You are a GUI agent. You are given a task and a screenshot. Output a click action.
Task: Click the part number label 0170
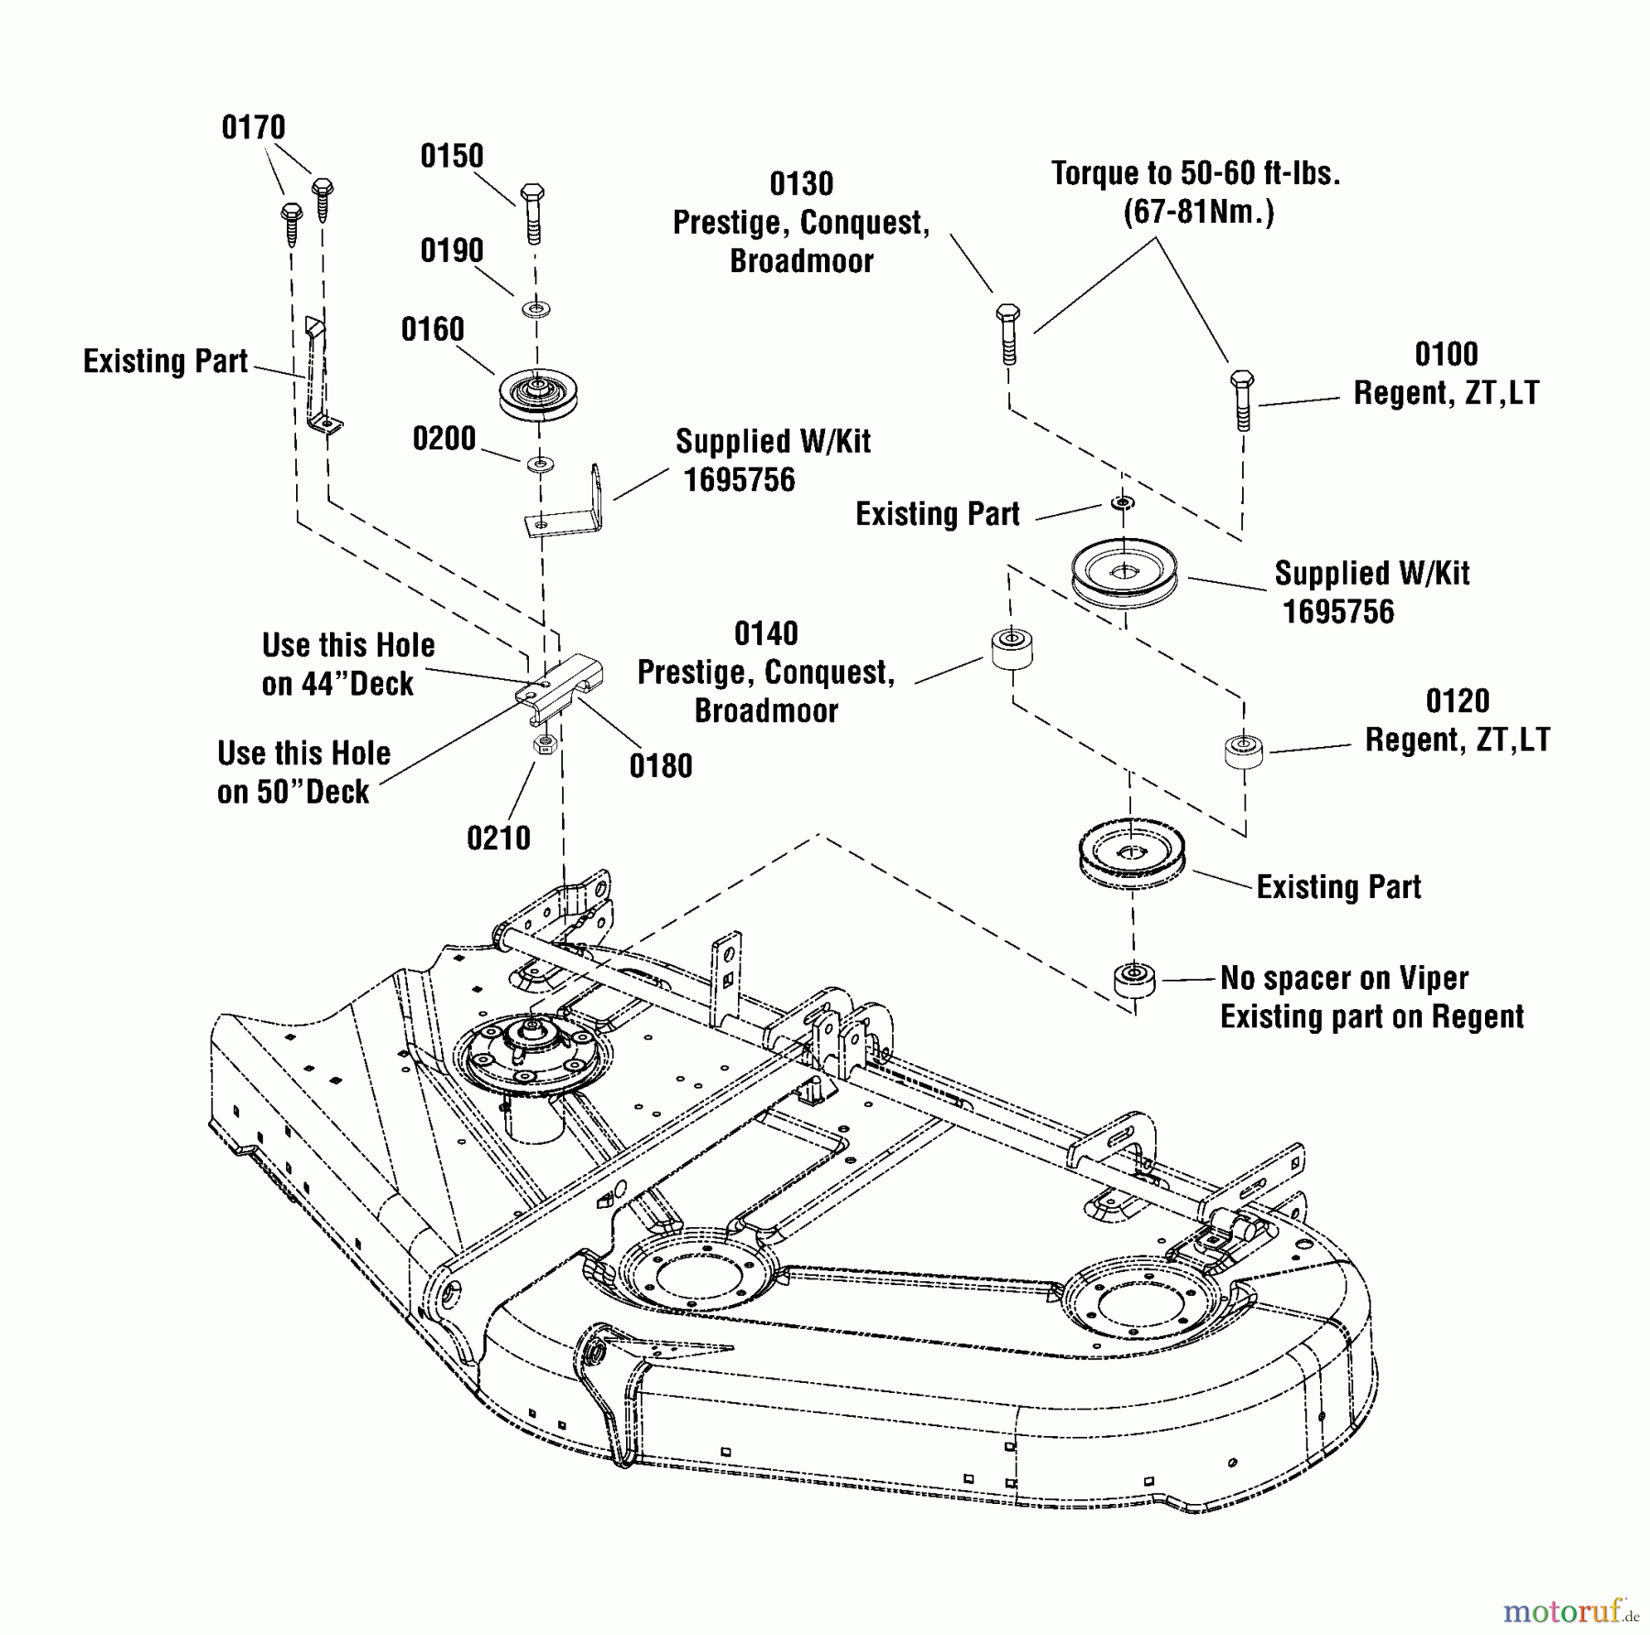tap(253, 127)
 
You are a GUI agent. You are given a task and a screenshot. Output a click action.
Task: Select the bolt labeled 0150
tap(533, 213)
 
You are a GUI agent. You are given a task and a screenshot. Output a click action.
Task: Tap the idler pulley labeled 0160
tap(538, 394)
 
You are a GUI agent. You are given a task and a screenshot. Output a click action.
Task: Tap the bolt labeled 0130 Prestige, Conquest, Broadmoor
tap(1007, 333)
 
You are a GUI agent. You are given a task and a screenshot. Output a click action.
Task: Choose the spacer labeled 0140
tap(1012, 649)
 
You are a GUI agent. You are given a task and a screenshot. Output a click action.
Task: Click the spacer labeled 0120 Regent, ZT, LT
tap(1244, 750)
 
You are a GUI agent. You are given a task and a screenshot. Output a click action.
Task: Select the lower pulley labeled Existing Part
tap(1132, 856)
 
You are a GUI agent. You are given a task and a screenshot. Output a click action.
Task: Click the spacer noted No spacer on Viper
tap(1134, 982)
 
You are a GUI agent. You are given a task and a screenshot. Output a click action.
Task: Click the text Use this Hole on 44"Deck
tap(347, 664)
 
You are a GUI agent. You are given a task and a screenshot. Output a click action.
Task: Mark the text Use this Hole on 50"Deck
tap(303, 772)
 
